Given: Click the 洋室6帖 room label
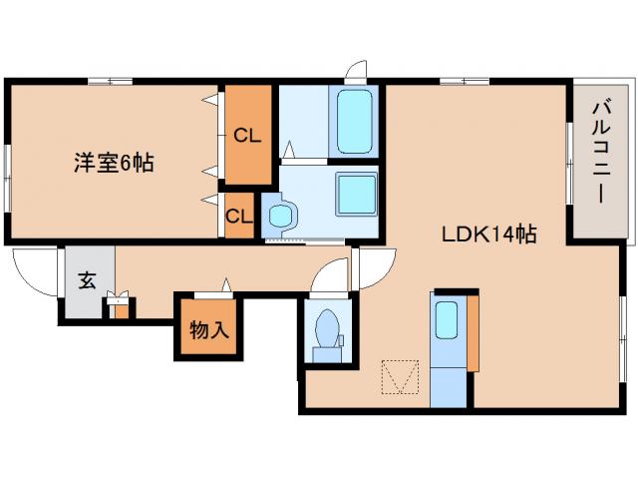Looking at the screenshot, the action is [114, 163].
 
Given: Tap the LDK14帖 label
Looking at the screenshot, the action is [489, 235].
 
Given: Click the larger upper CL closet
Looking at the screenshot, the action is [248, 135].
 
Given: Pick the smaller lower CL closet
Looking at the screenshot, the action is [239, 216].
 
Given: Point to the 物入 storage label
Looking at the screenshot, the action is [209, 329].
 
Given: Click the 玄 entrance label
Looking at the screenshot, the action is [87, 280].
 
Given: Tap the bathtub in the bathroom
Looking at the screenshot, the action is [355, 122].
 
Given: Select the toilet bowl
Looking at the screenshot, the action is [328, 329].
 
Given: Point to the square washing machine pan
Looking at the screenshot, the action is [356, 194].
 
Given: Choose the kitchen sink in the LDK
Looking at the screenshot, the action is [447, 319].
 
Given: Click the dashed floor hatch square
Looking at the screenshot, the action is [401, 377].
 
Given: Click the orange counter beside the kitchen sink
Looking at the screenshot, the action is [473, 332].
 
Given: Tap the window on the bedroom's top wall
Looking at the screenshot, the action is [111, 82].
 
